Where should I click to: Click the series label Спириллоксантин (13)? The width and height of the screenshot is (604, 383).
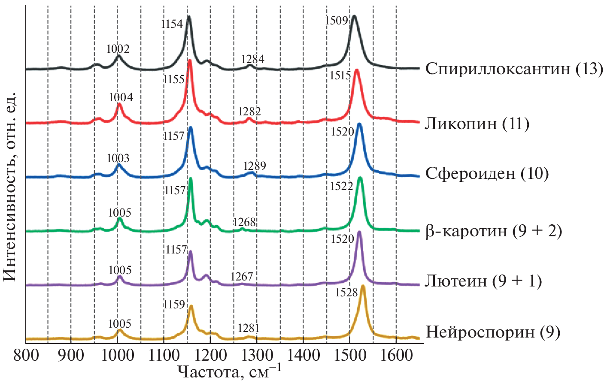pos(514,69)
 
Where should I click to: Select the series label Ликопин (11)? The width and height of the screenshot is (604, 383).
pos(477,124)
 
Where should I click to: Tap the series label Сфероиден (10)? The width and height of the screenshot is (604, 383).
pos(487,174)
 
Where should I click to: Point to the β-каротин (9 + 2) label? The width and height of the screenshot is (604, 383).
pos(493,231)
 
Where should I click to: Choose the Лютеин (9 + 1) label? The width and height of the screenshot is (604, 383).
pos(483,281)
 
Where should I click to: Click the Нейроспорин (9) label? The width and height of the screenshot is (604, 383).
pos(493,332)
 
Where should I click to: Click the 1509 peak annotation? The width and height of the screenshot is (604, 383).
pos(337,21)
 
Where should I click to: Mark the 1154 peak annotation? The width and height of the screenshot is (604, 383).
pos(172,24)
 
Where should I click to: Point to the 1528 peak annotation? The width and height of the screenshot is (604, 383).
pos(346,293)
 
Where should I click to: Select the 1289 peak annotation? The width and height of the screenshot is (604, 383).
pos(255,166)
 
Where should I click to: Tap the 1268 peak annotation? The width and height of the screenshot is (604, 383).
pos(245,222)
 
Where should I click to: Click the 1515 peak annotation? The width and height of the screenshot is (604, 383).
pos(340,76)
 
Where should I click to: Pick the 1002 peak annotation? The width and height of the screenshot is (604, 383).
pos(118,49)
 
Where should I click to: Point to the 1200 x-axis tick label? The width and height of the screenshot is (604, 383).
pos(210,356)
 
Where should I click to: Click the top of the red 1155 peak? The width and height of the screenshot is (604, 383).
pos(189,61)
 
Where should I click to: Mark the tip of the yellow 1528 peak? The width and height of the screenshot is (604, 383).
pos(363,286)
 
